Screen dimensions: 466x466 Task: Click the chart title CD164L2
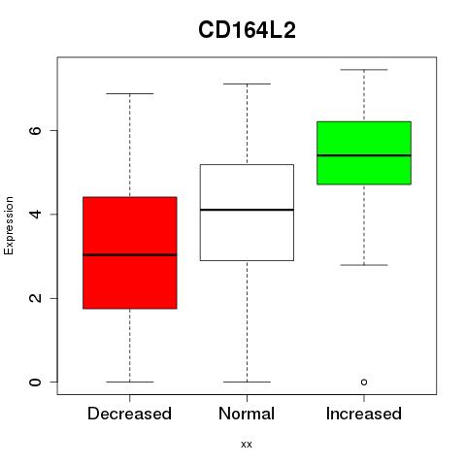pos(247,30)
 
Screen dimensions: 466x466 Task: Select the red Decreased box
pos(130,252)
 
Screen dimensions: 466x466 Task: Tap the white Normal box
pos(247,213)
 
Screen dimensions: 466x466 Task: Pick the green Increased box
pos(364,153)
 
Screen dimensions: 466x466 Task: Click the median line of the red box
pos(130,255)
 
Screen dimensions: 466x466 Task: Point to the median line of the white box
pos(247,210)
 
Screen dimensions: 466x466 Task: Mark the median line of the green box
pos(364,155)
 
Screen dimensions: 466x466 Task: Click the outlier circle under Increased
pos(364,383)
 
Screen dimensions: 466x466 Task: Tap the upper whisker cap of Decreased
pos(130,94)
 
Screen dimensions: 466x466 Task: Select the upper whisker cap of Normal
pos(247,84)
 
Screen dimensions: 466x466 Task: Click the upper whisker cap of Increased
pos(364,70)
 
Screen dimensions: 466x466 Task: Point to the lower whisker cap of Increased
pos(364,265)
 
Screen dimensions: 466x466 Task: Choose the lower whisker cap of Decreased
pos(130,383)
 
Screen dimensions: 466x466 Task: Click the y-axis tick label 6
pos(35,130)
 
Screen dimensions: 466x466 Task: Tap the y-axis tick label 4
pos(35,214)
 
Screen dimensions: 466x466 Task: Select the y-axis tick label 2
pos(35,298)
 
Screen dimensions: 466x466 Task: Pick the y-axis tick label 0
pos(35,383)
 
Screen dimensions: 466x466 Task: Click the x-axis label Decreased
pos(129,414)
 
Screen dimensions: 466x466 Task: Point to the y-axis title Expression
pos(9,225)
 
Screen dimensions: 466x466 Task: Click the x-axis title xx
pos(247,445)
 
